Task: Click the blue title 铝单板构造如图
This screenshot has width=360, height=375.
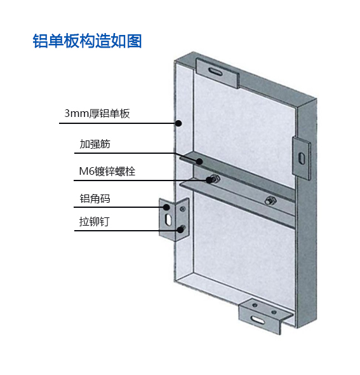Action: click(x=87, y=41)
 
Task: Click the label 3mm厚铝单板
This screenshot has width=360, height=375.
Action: click(x=97, y=113)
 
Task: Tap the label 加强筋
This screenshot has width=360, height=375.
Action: click(x=95, y=144)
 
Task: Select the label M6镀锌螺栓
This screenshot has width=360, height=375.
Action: click(x=107, y=171)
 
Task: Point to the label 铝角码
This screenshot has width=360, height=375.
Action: click(x=95, y=198)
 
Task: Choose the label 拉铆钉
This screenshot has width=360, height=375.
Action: click(x=95, y=221)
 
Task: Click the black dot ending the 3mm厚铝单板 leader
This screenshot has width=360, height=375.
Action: click(x=178, y=123)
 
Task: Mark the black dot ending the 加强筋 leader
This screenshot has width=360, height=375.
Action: click(x=199, y=161)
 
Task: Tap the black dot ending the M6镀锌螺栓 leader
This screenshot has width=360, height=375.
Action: click(x=210, y=180)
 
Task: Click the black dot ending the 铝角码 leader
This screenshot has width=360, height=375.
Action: click(x=166, y=207)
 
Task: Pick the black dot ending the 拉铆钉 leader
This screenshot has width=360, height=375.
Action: click(x=180, y=230)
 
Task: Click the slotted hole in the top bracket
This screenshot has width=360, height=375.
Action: click(x=215, y=72)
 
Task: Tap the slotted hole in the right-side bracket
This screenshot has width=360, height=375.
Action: click(x=302, y=158)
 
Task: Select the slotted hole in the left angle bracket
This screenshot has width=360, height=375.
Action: click(x=169, y=219)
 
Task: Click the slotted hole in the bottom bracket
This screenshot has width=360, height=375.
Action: click(x=258, y=319)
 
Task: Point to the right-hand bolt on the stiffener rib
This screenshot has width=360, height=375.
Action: click(x=270, y=200)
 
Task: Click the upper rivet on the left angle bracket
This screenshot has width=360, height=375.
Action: click(x=183, y=209)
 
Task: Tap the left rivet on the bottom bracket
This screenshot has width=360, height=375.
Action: click(x=255, y=306)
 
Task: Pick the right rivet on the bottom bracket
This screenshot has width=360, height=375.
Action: click(x=274, y=312)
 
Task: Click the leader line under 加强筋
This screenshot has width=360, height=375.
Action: click(x=137, y=153)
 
